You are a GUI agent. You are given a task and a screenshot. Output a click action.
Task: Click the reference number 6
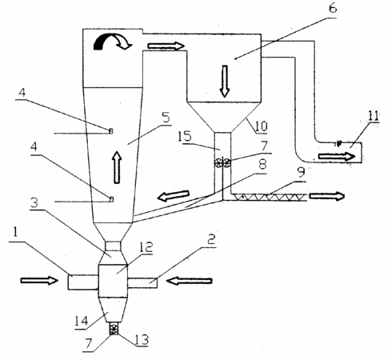point(333,8)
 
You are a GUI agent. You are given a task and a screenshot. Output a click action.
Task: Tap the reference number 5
point(166,117)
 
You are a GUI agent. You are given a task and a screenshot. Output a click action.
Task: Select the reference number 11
point(373,116)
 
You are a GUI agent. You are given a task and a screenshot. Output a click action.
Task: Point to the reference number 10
point(261,126)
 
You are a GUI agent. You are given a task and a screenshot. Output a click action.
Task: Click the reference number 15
point(185,136)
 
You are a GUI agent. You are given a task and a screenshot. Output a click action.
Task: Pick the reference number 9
point(301,173)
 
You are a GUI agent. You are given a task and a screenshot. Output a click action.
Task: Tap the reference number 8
point(262,164)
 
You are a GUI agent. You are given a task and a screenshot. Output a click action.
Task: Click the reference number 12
point(146,247)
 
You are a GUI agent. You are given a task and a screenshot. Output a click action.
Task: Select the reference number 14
point(82,321)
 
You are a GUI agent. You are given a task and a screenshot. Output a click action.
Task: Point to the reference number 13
point(142,339)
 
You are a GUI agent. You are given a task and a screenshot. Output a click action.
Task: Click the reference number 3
point(34,202)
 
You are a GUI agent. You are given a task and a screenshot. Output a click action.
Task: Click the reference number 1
point(15,232)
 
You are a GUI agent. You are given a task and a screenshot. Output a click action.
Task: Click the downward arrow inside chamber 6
point(225,82)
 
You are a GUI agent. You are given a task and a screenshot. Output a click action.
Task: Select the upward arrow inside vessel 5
point(117,167)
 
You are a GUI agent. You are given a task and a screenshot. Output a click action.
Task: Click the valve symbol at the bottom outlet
point(114,330)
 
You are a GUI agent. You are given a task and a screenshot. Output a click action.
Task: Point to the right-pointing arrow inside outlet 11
point(337,156)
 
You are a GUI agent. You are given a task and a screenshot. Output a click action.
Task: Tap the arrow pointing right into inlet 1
point(39,280)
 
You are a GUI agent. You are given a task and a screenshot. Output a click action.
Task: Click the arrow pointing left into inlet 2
point(190,281)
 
